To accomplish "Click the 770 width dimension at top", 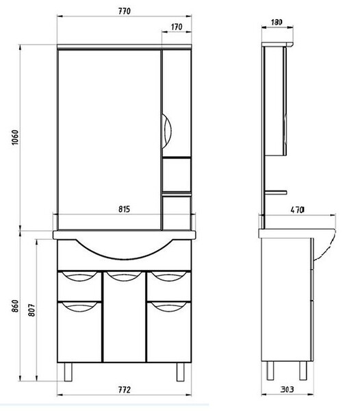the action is pos(124,11).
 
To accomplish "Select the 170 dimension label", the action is pos(177,27).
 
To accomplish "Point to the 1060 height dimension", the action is pos(15,138).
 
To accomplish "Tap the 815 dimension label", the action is pos(124,209).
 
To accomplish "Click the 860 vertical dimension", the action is pos(15,306).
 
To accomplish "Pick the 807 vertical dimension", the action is pos(31,310).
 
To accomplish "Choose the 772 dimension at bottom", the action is pos(124,390).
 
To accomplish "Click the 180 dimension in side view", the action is pos(277,22).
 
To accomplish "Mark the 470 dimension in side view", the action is pos(298,210).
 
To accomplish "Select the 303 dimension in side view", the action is pos(287,390).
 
